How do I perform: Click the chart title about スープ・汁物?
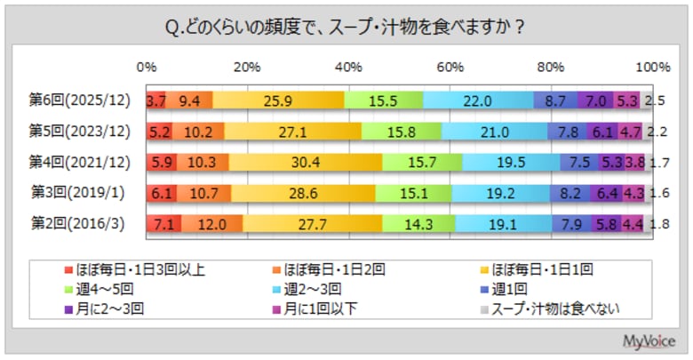point(346,28)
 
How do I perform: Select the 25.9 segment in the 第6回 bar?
point(279,100)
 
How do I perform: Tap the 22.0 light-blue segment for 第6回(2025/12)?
point(478,100)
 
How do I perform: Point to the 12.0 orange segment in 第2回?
point(211,223)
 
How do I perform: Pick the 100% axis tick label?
point(654,67)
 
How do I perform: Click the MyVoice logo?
point(647,341)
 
